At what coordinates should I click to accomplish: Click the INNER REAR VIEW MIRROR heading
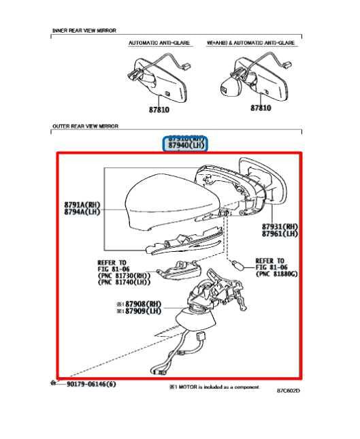coord(84,31)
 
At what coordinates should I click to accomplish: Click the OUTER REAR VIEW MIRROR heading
coord(85,127)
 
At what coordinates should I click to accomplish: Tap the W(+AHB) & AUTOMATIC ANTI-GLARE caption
coord(251,42)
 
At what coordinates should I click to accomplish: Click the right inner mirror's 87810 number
coord(260,108)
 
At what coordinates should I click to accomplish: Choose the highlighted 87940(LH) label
coord(186,146)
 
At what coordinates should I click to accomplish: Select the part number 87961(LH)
coord(279,233)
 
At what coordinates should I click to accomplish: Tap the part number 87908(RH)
coord(140,304)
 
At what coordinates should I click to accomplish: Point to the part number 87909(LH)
coord(140,312)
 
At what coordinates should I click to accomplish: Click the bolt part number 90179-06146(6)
coord(91,385)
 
